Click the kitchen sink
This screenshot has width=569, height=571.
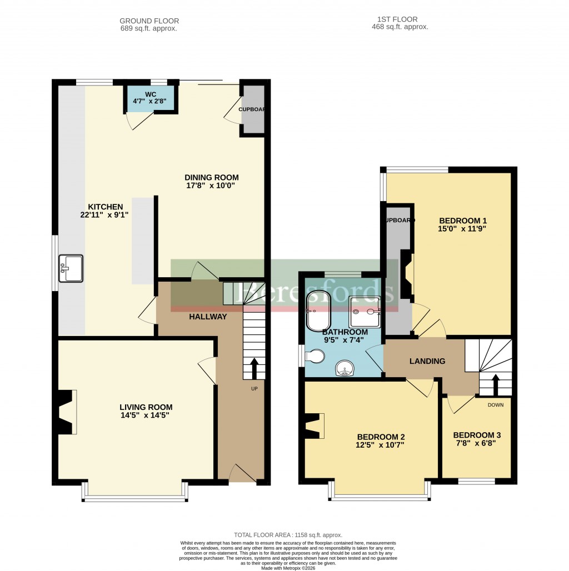(x=70, y=269)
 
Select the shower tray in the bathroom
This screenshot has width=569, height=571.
(x=365, y=311)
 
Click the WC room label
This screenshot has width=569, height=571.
(x=152, y=94)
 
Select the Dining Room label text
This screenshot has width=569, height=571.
(x=211, y=178)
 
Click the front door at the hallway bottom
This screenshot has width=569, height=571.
(x=242, y=475)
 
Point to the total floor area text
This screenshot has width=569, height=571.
(x=287, y=535)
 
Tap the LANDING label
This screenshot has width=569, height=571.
(x=427, y=362)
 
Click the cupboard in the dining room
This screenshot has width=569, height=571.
(x=253, y=109)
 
